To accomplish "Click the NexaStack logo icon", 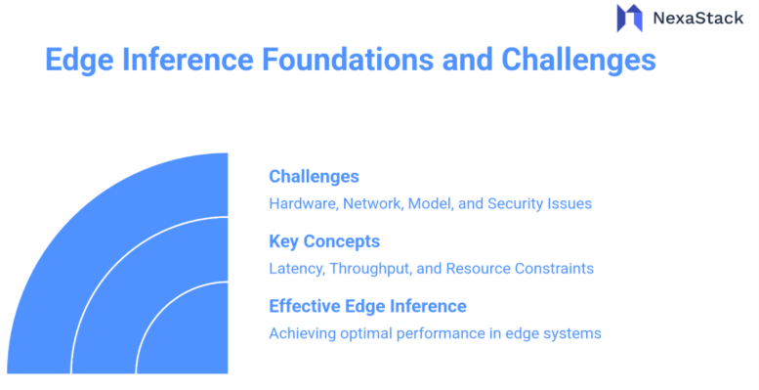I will pos(629,18).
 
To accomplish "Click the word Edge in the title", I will pos(78,60).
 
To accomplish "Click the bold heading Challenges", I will pos(314,177).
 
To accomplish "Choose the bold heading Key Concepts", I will pos(324,241).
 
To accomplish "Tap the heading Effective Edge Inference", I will pos(367,306).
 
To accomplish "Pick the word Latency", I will pos(296,269).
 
